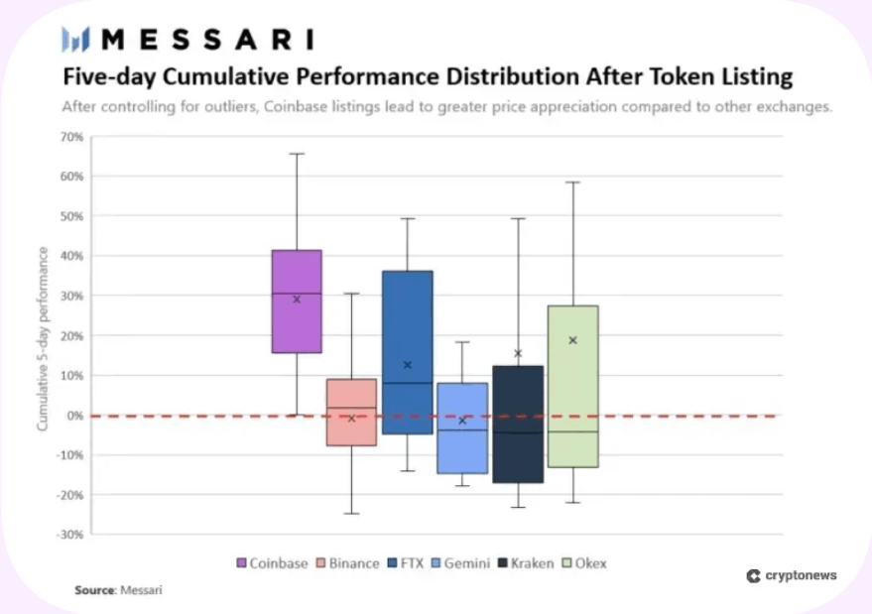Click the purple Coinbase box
pyautogui.click(x=297, y=302)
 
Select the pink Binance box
pyautogui.click(x=351, y=412)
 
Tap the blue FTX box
pyautogui.click(x=407, y=352)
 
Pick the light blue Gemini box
pyautogui.click(x=462, y=428)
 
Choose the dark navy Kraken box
pyautogui.click(x=518, y=425)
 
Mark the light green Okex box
pyautogui.click(x=572, y=386)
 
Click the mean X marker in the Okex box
pyautogui.click(x=572, y=340)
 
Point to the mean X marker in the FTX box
pyautogui.click(x=407, y=365)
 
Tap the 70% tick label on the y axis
pyautogui.click(x=70, y=136)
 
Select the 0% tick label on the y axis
pyautogui.click(x=73, y=416)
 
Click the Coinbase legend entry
pyautogui.click(x=272, y=563)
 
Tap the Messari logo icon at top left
pyautogui.click(x=75, y=40)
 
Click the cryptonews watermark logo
pyautogui.click(x=791, y=575)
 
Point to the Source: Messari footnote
pyautogui.click(x=118, y=590)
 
